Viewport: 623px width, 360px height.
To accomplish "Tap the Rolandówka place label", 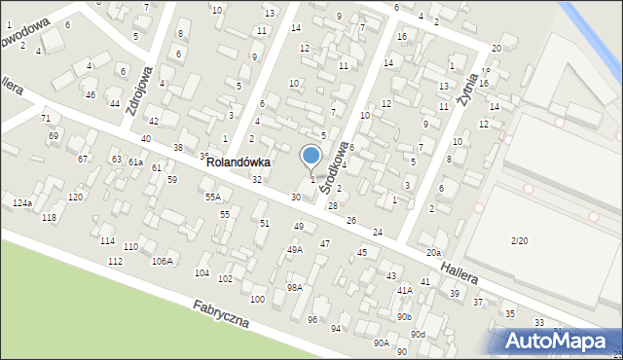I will pos(238,163).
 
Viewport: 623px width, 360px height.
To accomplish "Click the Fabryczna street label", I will pos(221,313).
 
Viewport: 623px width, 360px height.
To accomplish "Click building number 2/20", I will pos(520,240).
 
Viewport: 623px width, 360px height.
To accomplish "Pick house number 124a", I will pos(22,202).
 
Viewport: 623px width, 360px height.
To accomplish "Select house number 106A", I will pos(162,261).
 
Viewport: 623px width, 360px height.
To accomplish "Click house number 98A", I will pos(294,288).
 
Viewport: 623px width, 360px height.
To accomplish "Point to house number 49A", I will pos(294,250).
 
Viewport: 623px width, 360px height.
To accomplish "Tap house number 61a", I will pos(135,162).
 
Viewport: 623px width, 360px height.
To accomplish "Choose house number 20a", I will pos(432,253).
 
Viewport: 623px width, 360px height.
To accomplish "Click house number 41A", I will pos(404,290).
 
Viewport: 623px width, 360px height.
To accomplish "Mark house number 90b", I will pos(404,316).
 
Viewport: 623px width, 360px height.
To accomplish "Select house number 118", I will pos(49,217).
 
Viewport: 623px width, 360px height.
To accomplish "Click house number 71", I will pos(45,118).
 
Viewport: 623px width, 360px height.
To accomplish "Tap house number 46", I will pos(90,94).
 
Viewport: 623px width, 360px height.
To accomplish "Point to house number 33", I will pos(538,322).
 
